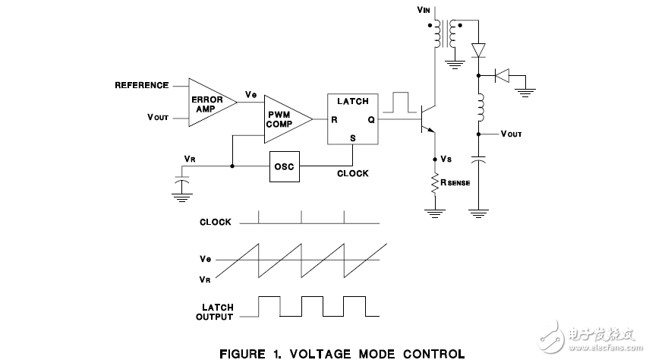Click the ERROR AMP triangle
tap(206, 102)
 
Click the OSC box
tap(284, 166)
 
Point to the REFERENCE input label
tap(141, 85)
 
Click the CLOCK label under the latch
tap(353, 173)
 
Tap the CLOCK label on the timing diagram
tap(215, 223)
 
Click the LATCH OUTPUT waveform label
tap(216, 312)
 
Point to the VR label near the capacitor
tap(190, 158)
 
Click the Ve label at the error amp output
tap(251, 95)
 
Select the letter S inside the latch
tap(352, 137)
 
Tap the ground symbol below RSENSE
tap(435, 213)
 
